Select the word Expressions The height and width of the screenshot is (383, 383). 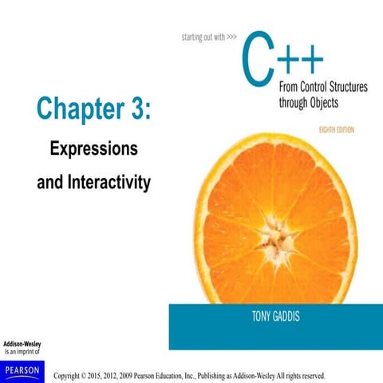(x=94, y=149)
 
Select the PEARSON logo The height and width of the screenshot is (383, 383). (x=23, y=368)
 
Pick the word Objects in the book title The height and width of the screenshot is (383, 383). (x=345, y=102)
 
